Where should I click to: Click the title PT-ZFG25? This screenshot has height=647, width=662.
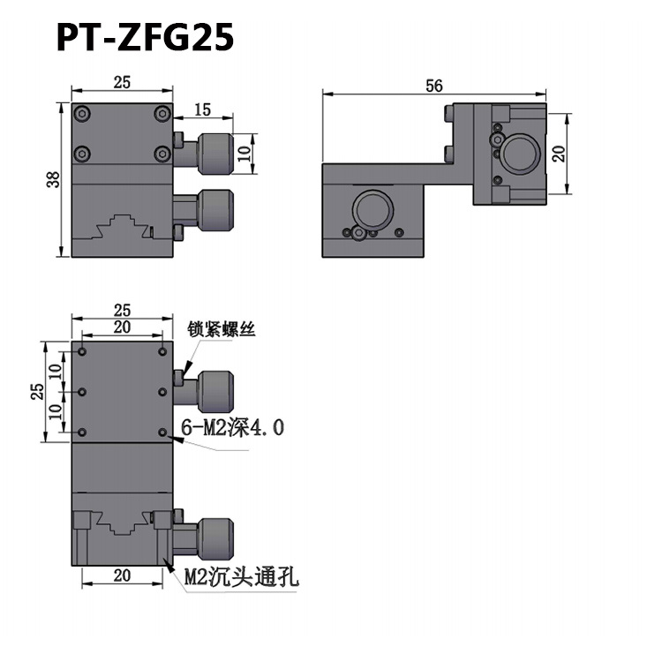[x=145, y=37]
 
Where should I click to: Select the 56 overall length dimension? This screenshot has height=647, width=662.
[x=433, y=85]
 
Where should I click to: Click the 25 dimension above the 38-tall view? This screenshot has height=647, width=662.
[x=122, y=82]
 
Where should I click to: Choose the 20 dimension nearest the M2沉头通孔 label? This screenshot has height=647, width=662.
[x=122, y=575]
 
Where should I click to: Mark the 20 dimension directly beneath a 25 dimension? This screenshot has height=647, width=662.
[x=122, y=327]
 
